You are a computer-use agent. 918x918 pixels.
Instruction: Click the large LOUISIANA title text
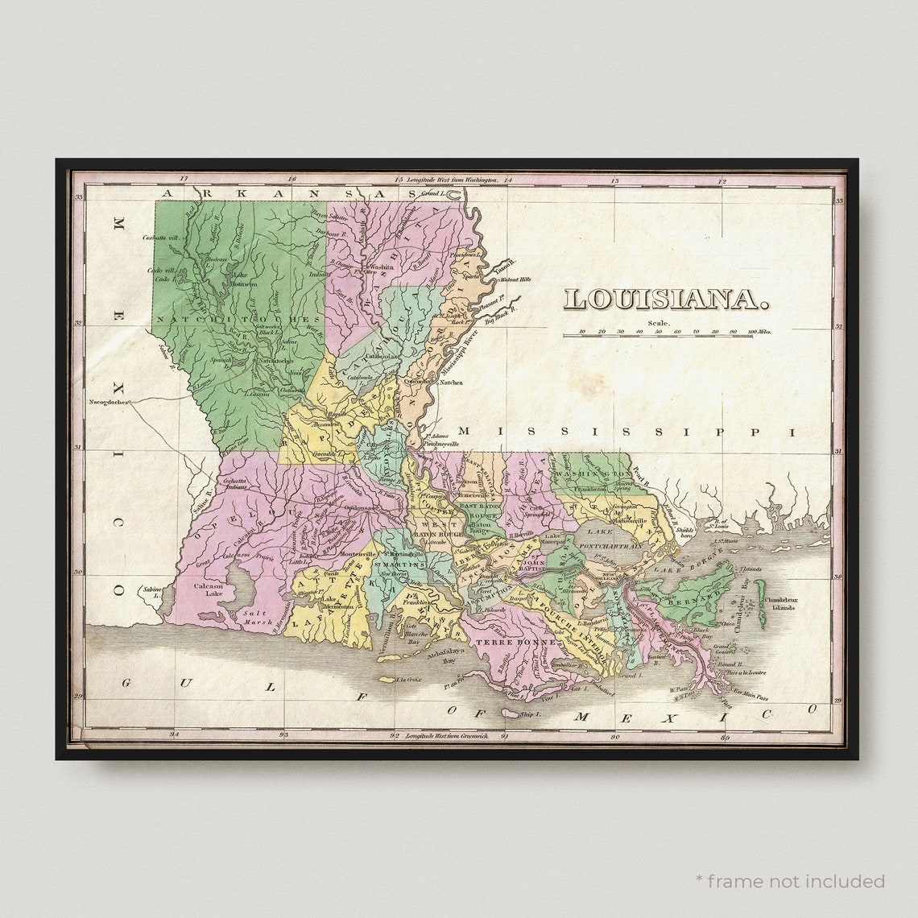664,300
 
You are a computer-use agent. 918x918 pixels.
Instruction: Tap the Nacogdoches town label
108,401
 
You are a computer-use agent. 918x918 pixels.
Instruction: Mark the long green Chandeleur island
759,596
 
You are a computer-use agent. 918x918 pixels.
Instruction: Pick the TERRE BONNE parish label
505,643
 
